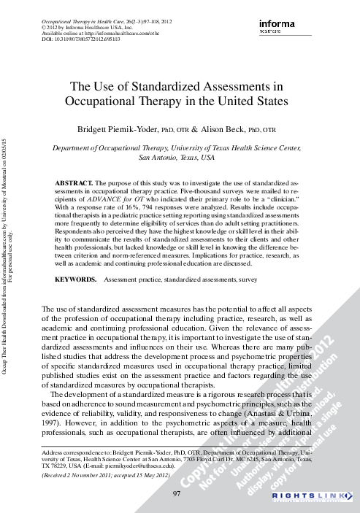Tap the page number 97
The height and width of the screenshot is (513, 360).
point(176,494)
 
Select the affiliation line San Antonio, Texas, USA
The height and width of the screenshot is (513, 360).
point(176,157)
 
